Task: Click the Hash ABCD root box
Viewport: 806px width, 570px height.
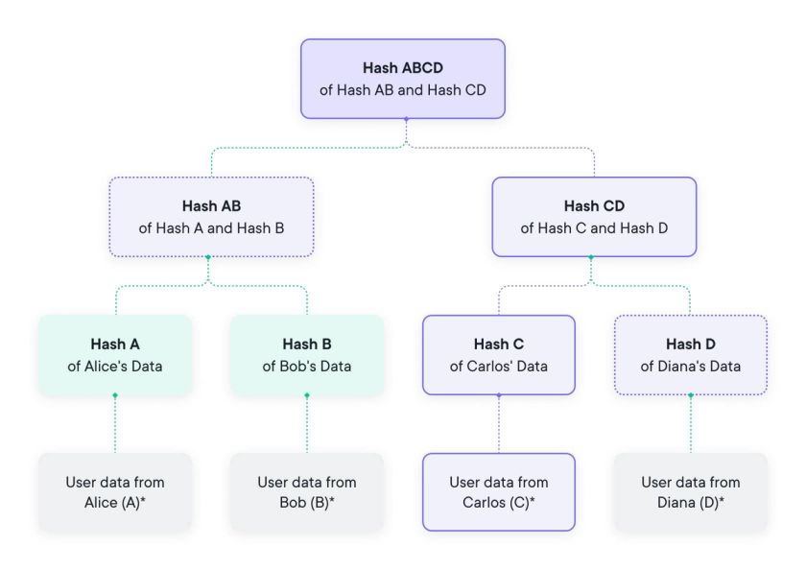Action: point(402,79)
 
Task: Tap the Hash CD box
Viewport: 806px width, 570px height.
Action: point(594,217)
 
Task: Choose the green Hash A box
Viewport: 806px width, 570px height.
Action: point(115,354)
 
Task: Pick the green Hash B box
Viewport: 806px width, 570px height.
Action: point(307,354)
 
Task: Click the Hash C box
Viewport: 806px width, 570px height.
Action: point(499,354)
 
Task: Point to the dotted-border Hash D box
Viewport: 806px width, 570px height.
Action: point(690,354)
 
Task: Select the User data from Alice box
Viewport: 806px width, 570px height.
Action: point(115,492)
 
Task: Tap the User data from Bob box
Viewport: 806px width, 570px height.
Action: point(307,492)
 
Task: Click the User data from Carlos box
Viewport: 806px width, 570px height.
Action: point(499,492)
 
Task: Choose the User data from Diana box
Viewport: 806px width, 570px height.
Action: point(690,492)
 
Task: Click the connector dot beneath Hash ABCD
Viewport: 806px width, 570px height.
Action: point(406,120)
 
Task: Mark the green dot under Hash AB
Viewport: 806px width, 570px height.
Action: point(208,257)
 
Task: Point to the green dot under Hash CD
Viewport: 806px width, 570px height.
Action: point(591,257)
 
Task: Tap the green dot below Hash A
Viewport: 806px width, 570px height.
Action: point(115,395)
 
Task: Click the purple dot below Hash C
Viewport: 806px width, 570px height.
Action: point(499,395)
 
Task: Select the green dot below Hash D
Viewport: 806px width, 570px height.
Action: point(690,395)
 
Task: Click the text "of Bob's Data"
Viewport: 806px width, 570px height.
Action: point(307,366)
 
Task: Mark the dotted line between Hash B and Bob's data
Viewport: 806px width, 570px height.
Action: point(307,427)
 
